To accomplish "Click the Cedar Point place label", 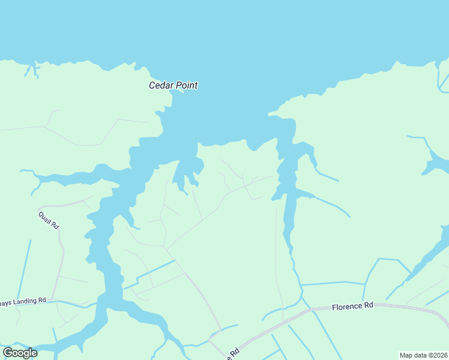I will click(173, 85).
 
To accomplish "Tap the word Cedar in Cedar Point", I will click(160, 85).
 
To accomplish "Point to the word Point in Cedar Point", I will click(186, 85).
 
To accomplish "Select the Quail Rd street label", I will click(49, 220).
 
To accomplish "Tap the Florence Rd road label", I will click(352, 306).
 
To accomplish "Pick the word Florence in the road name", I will click(346, 306).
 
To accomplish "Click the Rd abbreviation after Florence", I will click(368, 306).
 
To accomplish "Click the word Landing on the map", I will click(24, 301).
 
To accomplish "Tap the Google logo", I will click(20, 353).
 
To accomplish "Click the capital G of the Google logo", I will click(8, 352).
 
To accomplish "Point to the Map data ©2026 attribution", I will click(423, 355).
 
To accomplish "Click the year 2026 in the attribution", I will click(439, 355).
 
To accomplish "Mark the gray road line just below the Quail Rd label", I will click(60, 240).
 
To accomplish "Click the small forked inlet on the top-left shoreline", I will click(30, 69).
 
